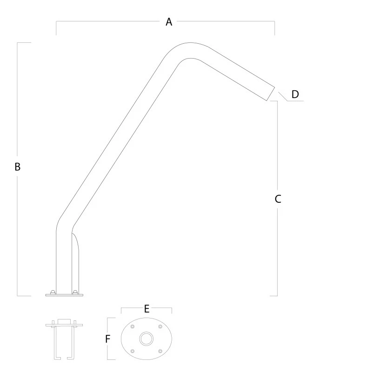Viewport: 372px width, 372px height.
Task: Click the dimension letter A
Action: pos(169,22)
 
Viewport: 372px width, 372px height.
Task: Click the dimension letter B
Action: pos(18,167)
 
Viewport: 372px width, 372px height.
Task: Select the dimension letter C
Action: pos(278,199)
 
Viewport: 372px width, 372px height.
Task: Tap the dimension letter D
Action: pos(295,94)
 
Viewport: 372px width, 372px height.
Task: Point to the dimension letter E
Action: pos(146,309)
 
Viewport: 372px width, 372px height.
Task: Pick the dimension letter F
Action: pos(107,339)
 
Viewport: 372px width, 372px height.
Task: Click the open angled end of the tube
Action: pos(271,94)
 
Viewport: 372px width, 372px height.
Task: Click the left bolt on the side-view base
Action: pos(53,292)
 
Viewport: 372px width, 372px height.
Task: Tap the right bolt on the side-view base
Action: pos(75,292)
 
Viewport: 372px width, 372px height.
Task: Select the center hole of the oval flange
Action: pos(146,339)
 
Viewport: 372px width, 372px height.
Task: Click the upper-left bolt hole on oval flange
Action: pos(133,326)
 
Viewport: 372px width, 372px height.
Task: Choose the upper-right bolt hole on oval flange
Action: pos(160,326)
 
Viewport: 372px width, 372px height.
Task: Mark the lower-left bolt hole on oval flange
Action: pos(133,351)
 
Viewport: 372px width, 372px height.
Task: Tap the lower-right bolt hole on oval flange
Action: pos(160,351)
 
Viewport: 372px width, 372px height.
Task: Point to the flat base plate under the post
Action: pos(64,295)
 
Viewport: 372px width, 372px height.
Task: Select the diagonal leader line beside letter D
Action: pos(283,97)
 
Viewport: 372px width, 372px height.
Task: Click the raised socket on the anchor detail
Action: pos(64,321)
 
